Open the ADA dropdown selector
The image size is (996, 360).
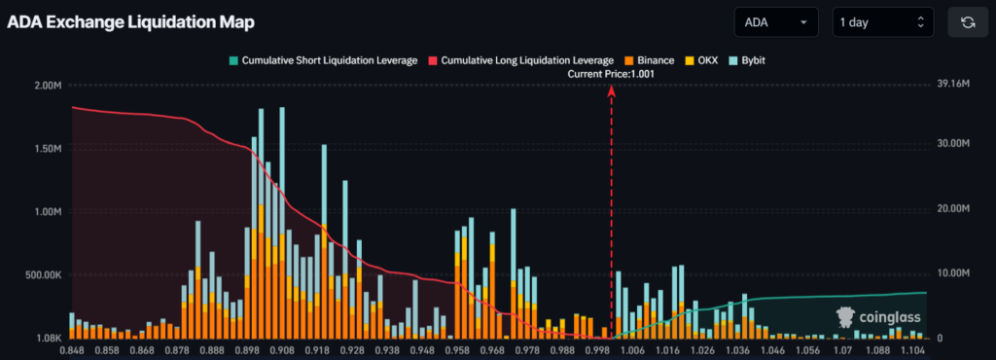(778, 22)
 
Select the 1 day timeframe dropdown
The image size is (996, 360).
(882, 22)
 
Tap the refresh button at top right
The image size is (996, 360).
(968, 22)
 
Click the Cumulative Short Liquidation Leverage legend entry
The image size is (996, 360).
(324, 60)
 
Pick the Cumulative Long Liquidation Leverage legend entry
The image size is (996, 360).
(520, 60)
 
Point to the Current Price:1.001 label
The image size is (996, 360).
(612, 74)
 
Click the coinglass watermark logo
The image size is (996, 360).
(878, 316)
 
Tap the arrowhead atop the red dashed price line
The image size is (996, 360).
(612, 91)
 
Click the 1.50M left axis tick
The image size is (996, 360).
(44, 149)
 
